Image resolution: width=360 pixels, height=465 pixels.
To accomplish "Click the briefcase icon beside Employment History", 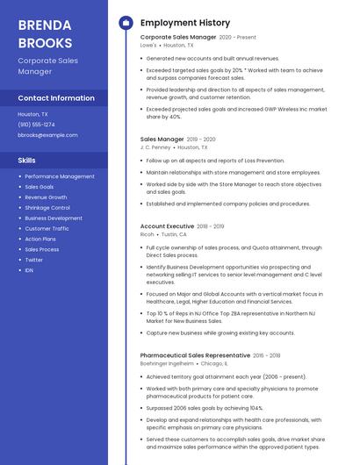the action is coord(126,22).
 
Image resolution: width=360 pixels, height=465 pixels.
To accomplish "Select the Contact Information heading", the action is coord(56,98).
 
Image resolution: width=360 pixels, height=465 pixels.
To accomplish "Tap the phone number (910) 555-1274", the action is coord(36,125).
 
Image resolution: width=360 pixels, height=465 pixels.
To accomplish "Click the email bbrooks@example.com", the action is coord(47,135).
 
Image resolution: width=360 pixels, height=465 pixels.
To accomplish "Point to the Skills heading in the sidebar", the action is coord(27,161).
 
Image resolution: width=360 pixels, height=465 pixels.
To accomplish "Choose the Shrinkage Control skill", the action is coord(47,208).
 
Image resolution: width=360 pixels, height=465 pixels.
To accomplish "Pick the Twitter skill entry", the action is coord(33,260).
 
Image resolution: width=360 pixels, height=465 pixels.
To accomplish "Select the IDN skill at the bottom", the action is coord(29,270).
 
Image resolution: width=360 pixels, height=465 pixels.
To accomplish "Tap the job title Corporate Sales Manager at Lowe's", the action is coord(178,38).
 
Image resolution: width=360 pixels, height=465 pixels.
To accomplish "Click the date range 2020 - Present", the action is coord(238,38).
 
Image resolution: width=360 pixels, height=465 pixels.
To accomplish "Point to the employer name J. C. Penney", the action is coord(155,147).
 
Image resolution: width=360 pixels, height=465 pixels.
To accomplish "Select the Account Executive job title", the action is coord(167,226).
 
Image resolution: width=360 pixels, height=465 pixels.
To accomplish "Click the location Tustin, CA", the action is coord(175,234).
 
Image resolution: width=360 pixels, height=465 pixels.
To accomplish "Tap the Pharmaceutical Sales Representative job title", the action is coord(195,354).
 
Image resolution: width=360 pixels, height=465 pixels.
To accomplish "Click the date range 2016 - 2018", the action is coord(267,354).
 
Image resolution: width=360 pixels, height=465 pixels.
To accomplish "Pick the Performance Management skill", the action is coord(60,176).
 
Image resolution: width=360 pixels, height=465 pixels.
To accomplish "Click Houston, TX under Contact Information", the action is coord(33,114).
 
